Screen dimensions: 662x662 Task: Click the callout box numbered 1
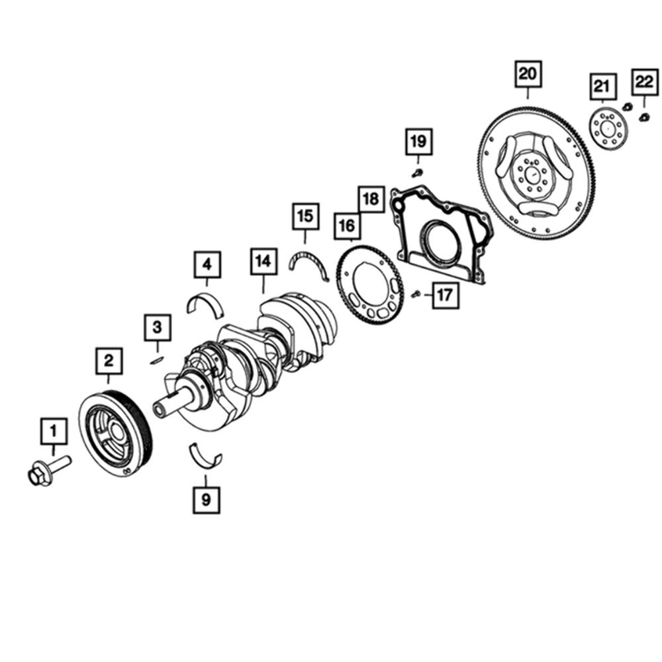[54, 431]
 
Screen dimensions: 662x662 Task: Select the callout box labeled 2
[109, 361]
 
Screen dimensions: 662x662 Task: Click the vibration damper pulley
[115, 434]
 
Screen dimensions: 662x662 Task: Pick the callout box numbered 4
[207, 264]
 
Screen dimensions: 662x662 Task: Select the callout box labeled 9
[207, 500]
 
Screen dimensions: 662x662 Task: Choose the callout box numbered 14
[264, 261]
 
